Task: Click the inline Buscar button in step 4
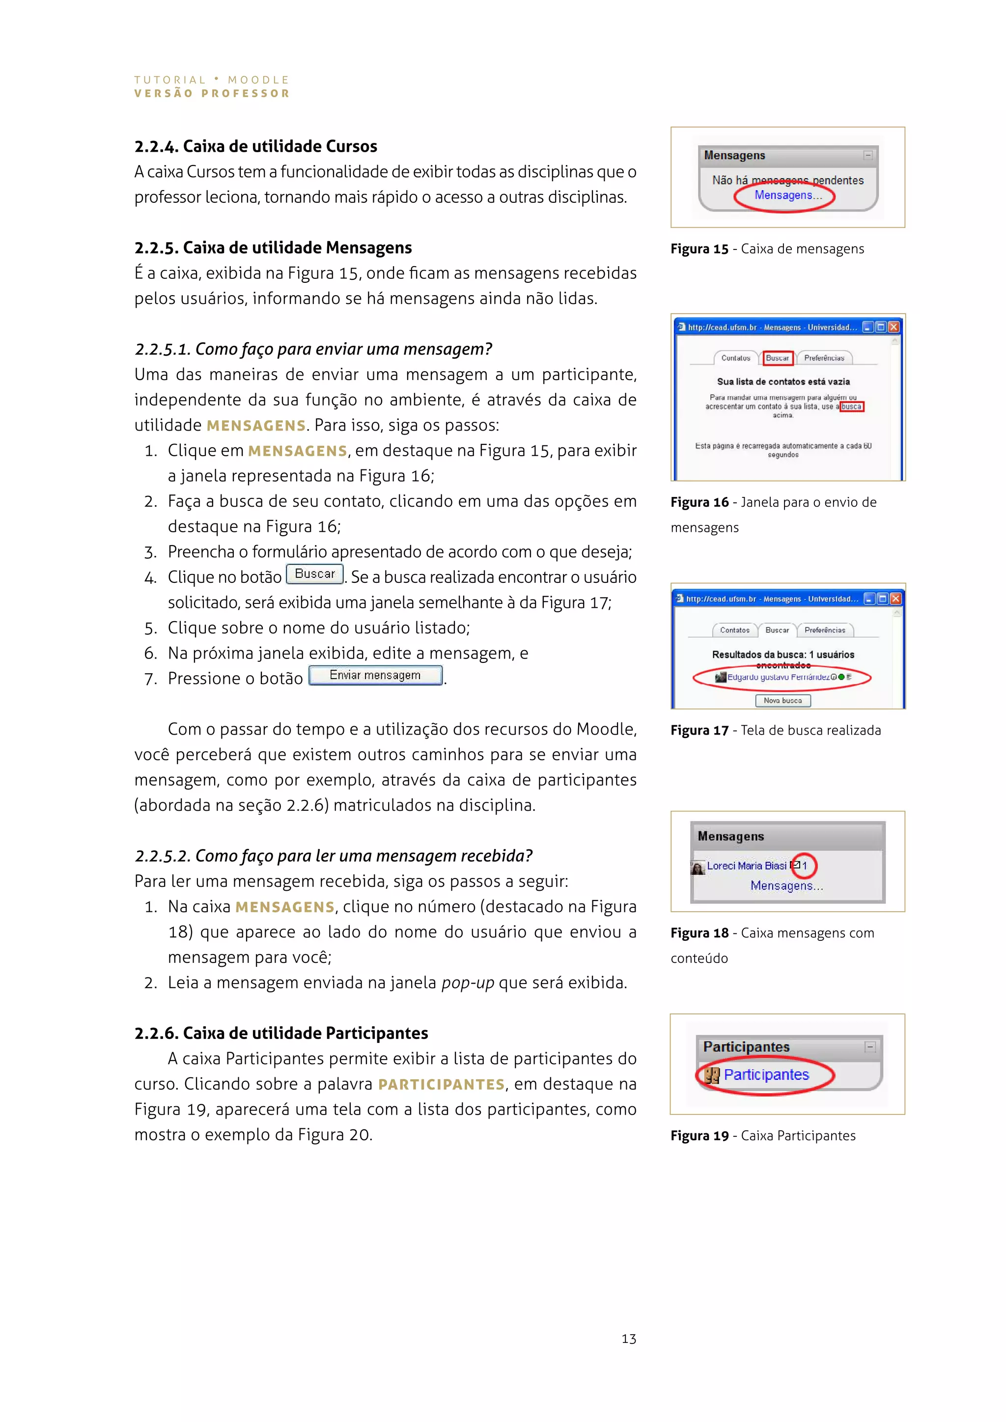315,574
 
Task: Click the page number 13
629,1339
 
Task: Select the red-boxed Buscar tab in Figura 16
778,358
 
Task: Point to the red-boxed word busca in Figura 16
851,407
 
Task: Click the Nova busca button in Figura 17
782,701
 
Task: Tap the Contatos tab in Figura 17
735,630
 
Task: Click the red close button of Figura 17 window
895,598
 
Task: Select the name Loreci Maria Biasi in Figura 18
747,866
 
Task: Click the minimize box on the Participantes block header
870,1047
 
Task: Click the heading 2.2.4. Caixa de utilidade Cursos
256,146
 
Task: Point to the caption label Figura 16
699,502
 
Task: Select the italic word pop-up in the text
468,983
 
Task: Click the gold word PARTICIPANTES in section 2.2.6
441,1085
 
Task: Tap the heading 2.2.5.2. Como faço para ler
333,856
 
